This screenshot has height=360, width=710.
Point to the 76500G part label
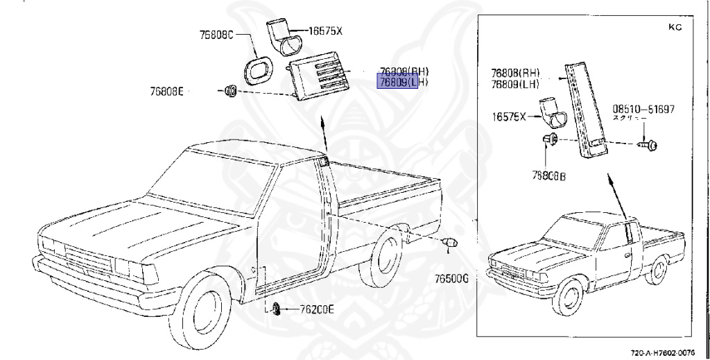(x=453, y=278)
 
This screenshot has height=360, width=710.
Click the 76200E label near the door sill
(x=317, y=309)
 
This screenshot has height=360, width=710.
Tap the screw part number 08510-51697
(x=643, y=109)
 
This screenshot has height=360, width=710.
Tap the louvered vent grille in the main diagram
(x=318, y=79)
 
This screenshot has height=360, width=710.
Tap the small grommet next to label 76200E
(x=275, y=308)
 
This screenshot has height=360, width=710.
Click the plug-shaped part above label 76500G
(x=451, y=243)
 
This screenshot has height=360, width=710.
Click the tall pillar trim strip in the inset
(x=587, y=111)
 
